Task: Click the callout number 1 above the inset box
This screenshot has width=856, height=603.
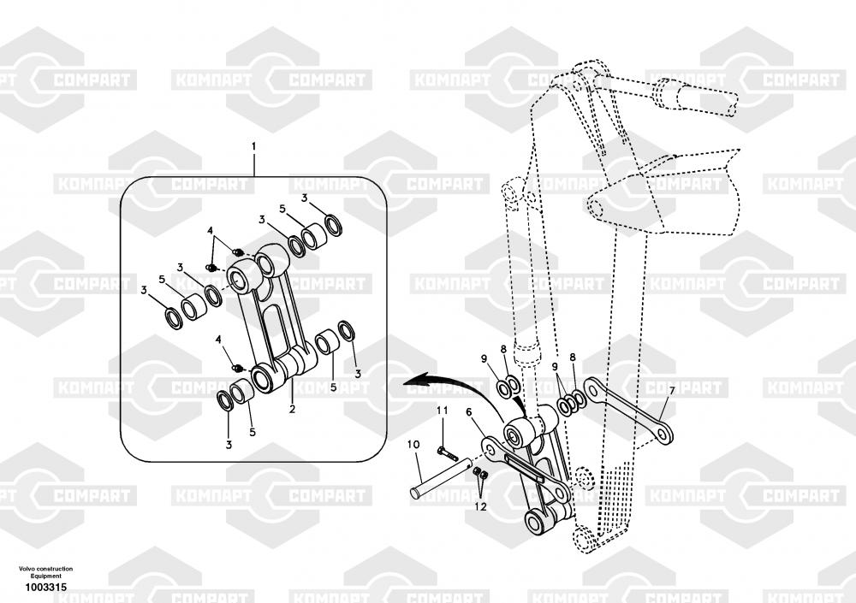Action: coord(253,147)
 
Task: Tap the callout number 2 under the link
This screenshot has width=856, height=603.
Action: coord(292,410)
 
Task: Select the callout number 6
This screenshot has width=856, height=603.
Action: coord(468,412)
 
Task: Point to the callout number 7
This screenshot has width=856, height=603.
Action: coord(672,391)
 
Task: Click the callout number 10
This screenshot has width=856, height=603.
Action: coord(413,445)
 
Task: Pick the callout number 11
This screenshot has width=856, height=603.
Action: coord(443,412)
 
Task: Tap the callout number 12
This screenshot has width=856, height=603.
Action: coord(481,506)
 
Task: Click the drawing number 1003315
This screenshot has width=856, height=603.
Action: coord(46,587)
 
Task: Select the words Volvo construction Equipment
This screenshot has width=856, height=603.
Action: coord(46,572)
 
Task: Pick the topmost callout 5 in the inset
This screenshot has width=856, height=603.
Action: coord(282,208)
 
